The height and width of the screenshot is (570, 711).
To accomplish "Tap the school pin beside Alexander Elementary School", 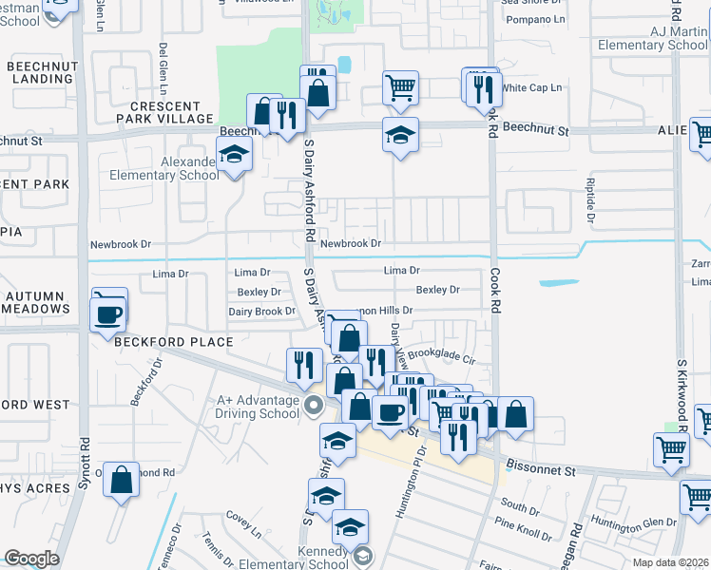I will point(233,153).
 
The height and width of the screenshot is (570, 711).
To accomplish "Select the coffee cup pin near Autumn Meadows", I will point(108,313).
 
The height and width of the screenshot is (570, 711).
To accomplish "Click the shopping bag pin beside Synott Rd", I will point(122,480).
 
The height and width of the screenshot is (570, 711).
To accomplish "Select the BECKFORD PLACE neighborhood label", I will point(174,342).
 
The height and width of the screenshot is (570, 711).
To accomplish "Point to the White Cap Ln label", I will point(531,87).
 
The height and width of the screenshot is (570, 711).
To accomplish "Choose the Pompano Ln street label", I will point(534,19).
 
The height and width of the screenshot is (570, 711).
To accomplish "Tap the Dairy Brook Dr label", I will point(261,312).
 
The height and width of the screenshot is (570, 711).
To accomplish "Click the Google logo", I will point(31,559).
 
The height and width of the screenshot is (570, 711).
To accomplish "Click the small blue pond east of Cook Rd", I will point(558,283).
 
